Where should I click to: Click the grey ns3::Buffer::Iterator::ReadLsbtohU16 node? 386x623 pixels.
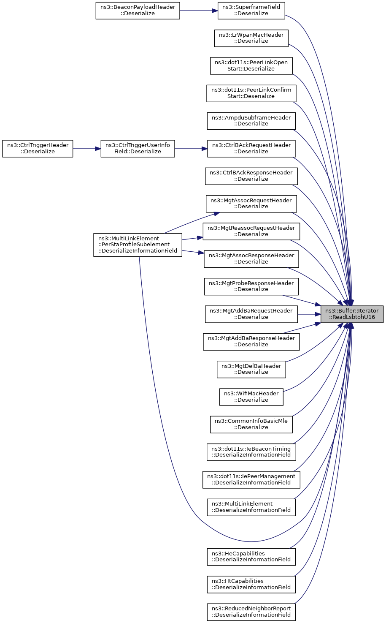(x=352, y=314)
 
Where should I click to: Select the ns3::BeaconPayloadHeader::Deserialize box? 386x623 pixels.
(x=138, y=11)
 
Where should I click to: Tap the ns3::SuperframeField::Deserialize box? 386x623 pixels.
(x=251, y=11)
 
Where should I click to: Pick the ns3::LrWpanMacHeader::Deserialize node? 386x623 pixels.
(x=251, y=38)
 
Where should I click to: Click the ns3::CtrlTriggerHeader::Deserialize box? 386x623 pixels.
(x=38, y=149)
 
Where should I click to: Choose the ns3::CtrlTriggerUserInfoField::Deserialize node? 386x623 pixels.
(x=138, y=149)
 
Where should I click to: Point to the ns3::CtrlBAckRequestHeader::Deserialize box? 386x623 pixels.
(x=251, y=149)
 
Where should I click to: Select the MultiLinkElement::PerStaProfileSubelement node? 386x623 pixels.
(x=138, y=245)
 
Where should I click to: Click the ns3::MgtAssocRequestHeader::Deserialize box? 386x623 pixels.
(x=251, y=204)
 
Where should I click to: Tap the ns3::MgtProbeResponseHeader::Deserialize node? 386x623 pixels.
(x=251, y=286)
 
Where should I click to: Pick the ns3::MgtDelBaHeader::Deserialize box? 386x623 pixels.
(x=251, y=369)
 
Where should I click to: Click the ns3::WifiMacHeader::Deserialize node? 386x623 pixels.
(x=251, y=397)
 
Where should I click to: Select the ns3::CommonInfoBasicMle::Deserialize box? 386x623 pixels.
(x=251, y=424)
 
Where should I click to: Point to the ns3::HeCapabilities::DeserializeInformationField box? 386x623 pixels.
(x=251, y=557)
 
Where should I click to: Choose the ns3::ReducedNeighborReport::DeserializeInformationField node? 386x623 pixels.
(x=251, y=612)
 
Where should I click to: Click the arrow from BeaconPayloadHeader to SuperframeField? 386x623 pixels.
(x=199, y=11)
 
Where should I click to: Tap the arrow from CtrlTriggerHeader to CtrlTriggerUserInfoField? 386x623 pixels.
(x=86, y=149)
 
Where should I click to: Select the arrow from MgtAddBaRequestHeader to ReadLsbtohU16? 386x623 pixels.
(x=309, y=314)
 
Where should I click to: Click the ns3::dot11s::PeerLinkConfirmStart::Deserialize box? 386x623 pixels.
(x=251, y=93)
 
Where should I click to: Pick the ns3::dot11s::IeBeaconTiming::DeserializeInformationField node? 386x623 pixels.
(x=251, y=452)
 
